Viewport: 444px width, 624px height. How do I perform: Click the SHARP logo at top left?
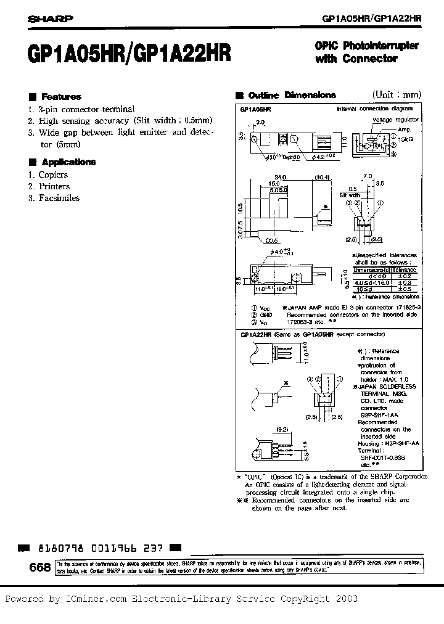[x=49, y=18]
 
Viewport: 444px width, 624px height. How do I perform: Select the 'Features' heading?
[x=61, y=97]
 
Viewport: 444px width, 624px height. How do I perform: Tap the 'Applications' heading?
[x=68, y=162]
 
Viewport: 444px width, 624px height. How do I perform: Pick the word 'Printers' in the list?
[x=54, y=186]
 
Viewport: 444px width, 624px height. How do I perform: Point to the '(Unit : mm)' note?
[x=397, y=95]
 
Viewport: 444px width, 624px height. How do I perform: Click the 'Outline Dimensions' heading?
[x=292, y=96]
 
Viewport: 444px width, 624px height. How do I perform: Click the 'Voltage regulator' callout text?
[x=395, y=119]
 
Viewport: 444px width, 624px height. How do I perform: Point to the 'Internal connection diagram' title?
[x=369, y=108]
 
